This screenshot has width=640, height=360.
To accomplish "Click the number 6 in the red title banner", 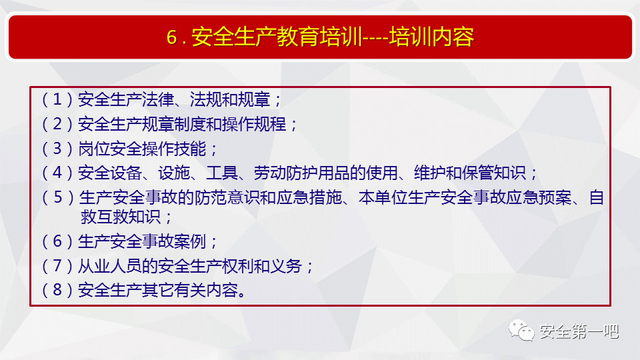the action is click(172, 37).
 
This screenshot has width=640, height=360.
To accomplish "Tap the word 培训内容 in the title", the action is click(431, 37).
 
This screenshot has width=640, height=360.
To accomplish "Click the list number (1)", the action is click(57, 99).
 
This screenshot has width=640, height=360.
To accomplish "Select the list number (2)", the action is click(57, 124).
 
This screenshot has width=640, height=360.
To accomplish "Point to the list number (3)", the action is click(57, 149).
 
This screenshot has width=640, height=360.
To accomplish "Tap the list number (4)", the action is click(57, 173).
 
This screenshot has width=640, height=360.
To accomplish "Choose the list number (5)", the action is click(58, 197).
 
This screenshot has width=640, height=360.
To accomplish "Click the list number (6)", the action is click(57, 241).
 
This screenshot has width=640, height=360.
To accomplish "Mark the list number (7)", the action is click(57, 266).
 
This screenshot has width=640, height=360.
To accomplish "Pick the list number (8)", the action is click(57, 290).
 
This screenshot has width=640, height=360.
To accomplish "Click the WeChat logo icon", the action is click(521, 330).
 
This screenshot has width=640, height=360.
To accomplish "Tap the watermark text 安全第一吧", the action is click(579, 331).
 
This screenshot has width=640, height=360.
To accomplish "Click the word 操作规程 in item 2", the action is click(254, 124).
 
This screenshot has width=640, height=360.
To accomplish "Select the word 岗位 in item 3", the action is click(94, 149).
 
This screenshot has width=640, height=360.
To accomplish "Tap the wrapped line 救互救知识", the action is click(121, 217).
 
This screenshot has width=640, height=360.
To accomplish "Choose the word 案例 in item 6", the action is click(190, 241).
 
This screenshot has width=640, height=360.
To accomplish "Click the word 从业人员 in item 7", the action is click(110, 266).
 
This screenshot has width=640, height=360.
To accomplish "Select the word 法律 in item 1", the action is click(157, 99).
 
